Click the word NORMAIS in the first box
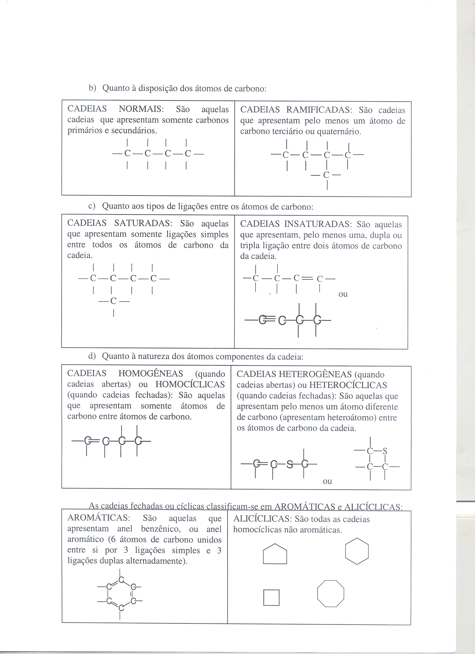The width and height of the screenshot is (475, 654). click(141, 109)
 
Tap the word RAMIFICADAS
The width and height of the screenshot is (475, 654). click(319, 110)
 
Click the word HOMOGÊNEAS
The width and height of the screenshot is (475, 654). click(150, 373)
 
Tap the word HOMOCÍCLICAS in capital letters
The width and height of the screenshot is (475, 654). click(190, 384)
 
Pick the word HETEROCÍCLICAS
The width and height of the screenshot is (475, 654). click(348, 385)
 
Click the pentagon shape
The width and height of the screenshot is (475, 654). click(275, 554)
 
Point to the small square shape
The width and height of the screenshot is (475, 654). click(271, 598)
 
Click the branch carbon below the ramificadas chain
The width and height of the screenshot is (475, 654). click(326, 175)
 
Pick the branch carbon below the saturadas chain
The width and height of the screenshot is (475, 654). click(113, 301)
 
